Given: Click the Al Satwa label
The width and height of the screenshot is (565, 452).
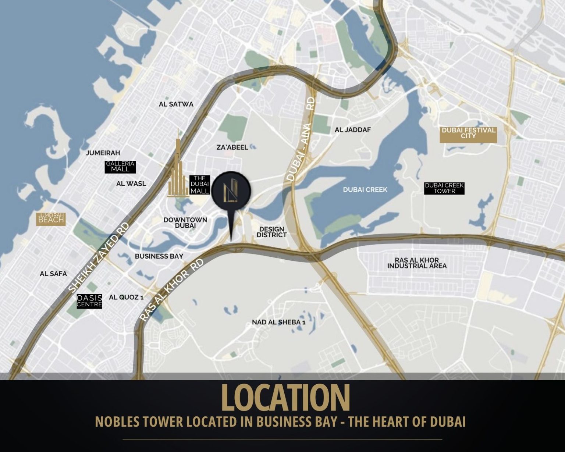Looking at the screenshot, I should (176, 104).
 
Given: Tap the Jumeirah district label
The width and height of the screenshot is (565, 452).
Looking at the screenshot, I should (103, 153).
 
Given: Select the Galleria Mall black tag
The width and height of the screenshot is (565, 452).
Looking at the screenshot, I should (120, 167).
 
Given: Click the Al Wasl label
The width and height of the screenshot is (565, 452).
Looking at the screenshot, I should (131, 184).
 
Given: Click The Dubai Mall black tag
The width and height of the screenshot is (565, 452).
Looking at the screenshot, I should (200, 185).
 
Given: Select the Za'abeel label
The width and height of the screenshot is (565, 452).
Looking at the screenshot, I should (232, 147).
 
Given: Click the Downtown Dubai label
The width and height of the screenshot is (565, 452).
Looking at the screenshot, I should (185, 223).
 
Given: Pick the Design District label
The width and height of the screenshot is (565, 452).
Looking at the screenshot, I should (271, 232).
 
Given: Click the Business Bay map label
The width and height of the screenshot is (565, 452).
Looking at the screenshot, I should (159, 256).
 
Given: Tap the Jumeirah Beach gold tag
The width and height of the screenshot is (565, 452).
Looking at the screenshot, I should (51, 218).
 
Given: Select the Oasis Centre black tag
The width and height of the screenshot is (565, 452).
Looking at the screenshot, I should (89, 301).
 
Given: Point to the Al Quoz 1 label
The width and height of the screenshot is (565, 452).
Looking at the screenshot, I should (126, 297).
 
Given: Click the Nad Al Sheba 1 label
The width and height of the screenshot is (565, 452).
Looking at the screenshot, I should (279, 322).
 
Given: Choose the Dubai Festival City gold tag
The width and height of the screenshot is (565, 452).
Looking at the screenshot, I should (468, 133).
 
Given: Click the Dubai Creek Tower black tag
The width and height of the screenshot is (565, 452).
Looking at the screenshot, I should (444, 188).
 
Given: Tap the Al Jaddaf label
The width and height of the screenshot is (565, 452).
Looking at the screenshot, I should (353, 130).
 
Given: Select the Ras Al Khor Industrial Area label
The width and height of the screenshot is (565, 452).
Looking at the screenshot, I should (417, 263).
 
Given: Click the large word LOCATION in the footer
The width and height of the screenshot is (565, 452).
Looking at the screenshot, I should (285, 398).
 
